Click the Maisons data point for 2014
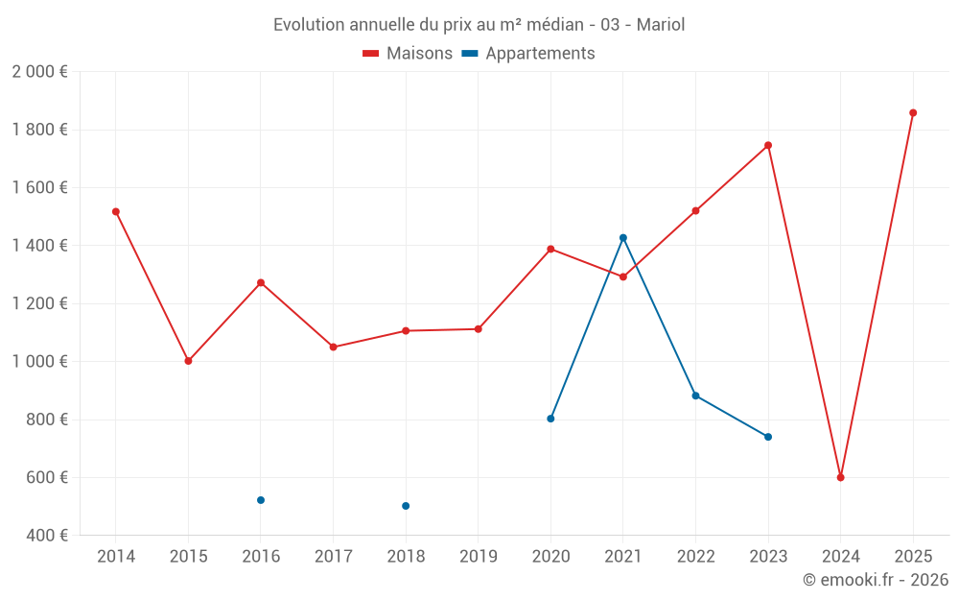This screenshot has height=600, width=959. (x=116, y=211)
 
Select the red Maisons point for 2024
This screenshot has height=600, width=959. (x=840, y=477)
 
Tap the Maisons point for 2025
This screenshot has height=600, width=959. (x=913, y=113)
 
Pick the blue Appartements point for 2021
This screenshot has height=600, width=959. (x=623, y=238)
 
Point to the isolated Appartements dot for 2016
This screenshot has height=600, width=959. (x=261, y=500)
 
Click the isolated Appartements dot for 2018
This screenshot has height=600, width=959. (x=406, y=506)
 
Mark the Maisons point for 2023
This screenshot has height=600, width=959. (x=768, y=145)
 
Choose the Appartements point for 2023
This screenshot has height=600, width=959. (x=768, y=437)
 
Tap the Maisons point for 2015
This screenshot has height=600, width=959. (x=188, y=361)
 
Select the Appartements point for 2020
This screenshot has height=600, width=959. (x=550, y=419)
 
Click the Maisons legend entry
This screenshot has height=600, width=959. (x=408, y=54)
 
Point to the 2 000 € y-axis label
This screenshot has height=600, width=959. (x=39, y=72)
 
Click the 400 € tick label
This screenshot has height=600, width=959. (x=47, y=536)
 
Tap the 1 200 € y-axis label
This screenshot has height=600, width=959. (x=39, y=303)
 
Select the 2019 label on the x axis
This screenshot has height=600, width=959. (x=479, y=557)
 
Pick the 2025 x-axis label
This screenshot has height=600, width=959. (x=913, y=557)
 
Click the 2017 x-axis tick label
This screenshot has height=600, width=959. (x=333, y=557)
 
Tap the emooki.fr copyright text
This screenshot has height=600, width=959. (x=876, y=580)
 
